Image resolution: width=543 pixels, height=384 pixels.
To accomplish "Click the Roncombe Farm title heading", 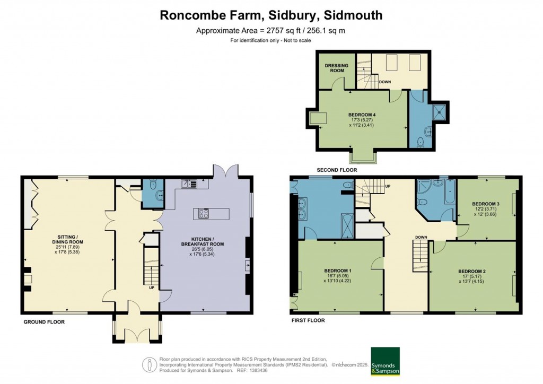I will coord(271,15).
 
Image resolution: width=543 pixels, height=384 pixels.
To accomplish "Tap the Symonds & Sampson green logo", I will coord(385,361).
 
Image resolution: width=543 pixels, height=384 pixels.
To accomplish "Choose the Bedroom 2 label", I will coord(472,272).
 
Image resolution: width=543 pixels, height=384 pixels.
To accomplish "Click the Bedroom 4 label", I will coord(363,115).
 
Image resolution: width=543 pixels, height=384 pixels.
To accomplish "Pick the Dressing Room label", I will coord(336,68).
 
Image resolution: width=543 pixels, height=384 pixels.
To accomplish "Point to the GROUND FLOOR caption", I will coord(45,322).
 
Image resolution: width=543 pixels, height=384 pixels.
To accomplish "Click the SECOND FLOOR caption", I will coord(337,170).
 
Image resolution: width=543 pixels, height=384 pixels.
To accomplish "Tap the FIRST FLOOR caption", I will coord(308,320).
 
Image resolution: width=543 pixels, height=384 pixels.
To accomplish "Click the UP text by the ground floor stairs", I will coord(152,288).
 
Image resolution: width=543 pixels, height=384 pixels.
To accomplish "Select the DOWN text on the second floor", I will coord(385,82).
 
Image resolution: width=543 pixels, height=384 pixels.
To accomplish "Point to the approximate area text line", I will coord(271,30).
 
